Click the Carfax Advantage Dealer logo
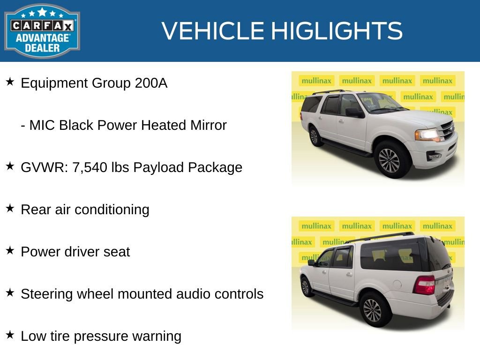click(42, 30)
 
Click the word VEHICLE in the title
click(213, 31)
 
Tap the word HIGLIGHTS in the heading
click(337, 31)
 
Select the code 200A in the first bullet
click(151, 83)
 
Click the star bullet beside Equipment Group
click(10, 82)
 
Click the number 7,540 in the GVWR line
click(90, 168)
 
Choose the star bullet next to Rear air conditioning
click(10, 209)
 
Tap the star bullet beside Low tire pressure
click(10, 335)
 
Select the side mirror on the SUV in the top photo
click(353, 112)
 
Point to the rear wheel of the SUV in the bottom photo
click(372, 310)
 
